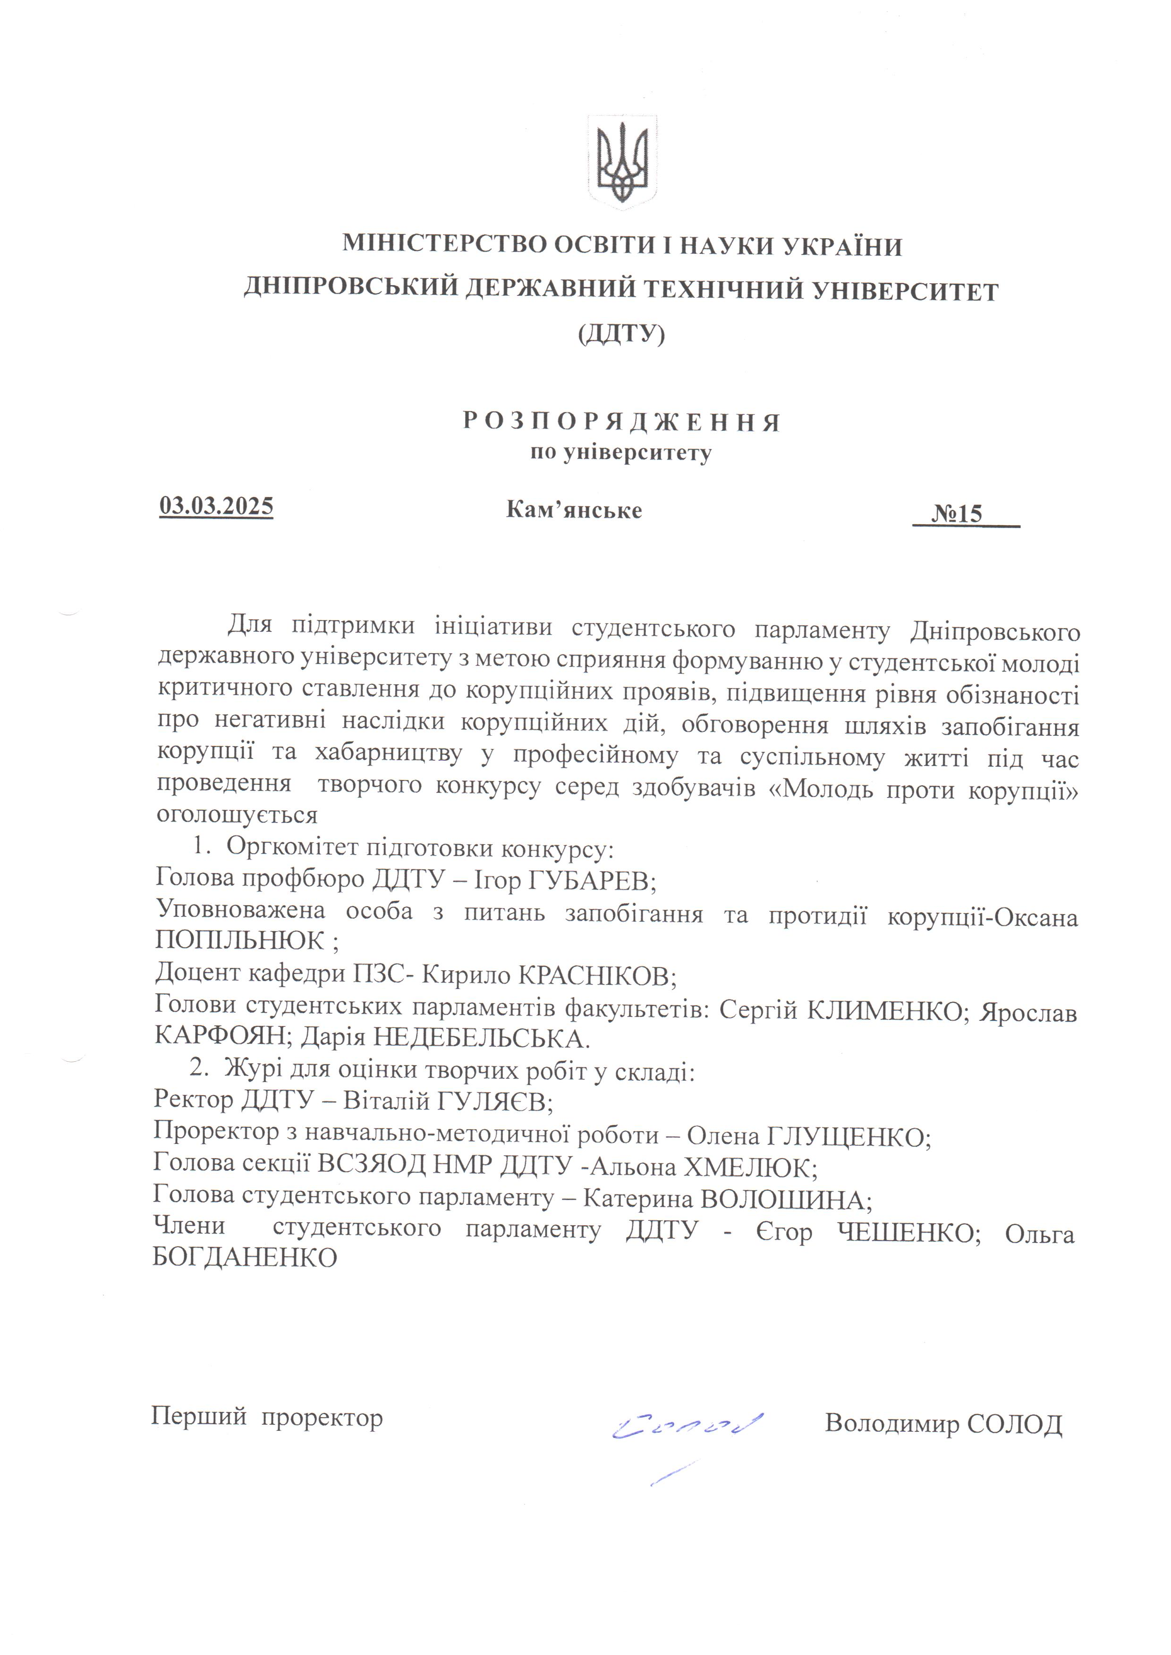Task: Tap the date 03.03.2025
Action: point(216,506)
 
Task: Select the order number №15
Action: point(957,513)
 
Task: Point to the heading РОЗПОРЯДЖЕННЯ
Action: point(621,422)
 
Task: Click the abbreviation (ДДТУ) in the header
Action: point(621,335)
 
